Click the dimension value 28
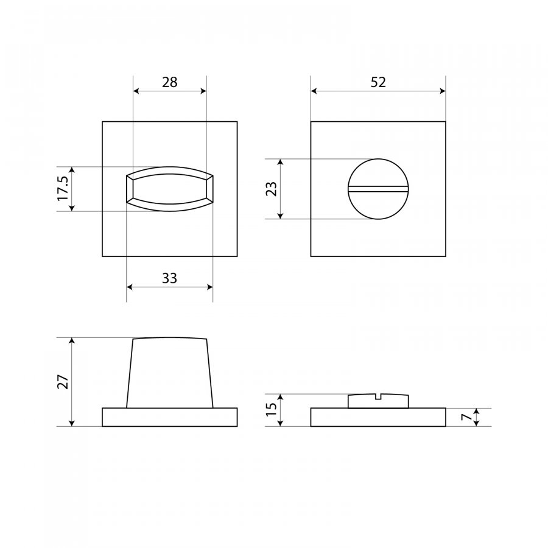(x=169, y=82)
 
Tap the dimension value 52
(x=378, y=82)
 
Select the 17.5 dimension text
(x=63, y=189)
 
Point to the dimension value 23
(x=272, y=189)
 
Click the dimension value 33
(x=169, y=278)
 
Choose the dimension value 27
(x=63, y=382)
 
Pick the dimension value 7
(x=466, y=417)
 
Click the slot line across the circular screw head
(x=378, y=189)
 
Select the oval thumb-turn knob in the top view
(x=169, y=189)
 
